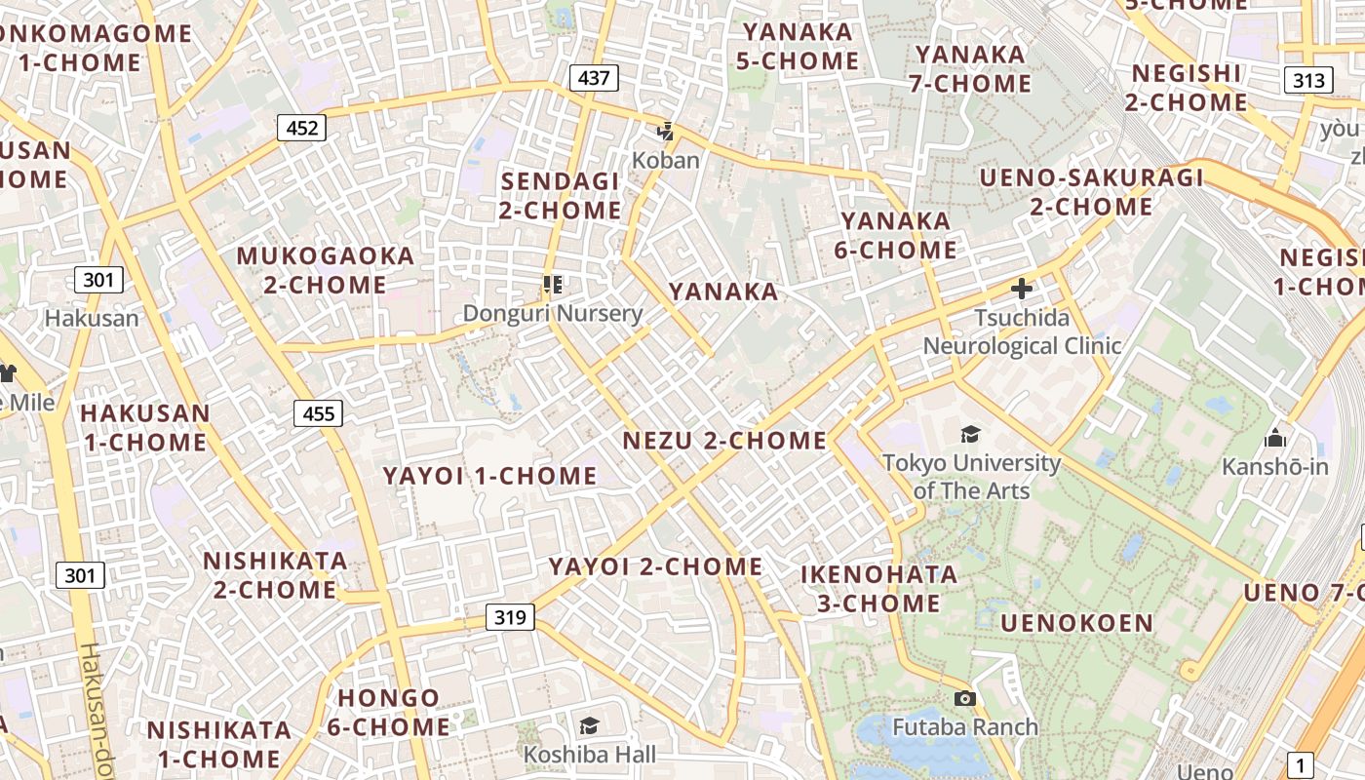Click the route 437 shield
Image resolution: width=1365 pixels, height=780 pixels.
594,77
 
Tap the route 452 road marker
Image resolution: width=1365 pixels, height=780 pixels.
301,128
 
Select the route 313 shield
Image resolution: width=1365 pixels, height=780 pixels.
1307,80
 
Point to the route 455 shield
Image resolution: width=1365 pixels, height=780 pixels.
319,413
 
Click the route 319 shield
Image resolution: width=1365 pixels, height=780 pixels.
510,616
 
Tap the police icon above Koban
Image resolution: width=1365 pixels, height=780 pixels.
666,131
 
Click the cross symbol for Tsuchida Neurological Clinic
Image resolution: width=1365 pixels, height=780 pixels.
1022,289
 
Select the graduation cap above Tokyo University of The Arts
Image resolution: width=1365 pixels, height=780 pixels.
970,434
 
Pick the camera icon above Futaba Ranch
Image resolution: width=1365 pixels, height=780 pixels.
965,698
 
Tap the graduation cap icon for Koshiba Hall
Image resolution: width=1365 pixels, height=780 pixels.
589,725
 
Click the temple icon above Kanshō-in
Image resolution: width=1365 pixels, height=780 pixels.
1275,438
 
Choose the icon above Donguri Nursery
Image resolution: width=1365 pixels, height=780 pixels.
553,285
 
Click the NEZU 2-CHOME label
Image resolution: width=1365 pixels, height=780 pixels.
724,441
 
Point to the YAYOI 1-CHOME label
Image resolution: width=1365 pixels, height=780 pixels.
489,476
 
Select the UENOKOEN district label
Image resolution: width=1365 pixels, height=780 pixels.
1076,623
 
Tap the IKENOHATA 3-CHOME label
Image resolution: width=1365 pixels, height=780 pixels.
878,588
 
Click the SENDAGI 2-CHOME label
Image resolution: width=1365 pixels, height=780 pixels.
561,195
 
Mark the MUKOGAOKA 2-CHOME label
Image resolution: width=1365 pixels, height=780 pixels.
326,270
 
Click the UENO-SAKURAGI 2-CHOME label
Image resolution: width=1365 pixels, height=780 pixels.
1092,192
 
